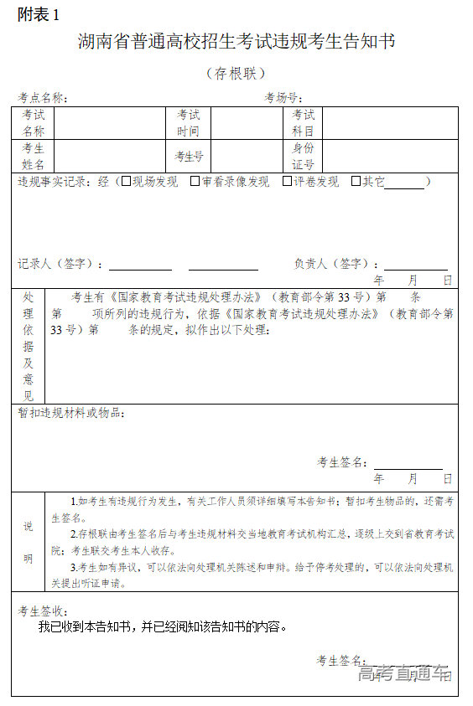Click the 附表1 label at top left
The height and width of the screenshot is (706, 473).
point(39,14)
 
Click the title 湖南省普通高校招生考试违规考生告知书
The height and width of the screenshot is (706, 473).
point(236,42)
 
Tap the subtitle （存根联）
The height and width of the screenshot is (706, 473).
point(236,74)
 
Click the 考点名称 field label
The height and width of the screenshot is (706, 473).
point(43,97)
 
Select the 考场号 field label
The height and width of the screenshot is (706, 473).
point(283,97)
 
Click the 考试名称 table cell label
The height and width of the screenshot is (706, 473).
point(34,123)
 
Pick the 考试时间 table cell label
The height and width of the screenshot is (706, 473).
point(188,123)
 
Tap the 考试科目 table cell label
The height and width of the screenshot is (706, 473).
point(303,123)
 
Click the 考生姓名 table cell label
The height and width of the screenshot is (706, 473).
point(34,156)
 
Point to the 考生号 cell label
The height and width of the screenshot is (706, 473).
point(189,156)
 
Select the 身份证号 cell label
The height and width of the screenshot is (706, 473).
point(303,156)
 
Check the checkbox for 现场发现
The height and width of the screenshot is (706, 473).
point(126,181)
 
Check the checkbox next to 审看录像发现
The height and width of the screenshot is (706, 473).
point(195,181)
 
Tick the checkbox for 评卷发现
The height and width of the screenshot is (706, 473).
point(287,181)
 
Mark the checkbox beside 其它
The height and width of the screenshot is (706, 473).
point(356,181)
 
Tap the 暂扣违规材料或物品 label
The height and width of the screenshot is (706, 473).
point(72,413)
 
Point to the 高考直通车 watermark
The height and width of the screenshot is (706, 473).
point(403,673)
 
